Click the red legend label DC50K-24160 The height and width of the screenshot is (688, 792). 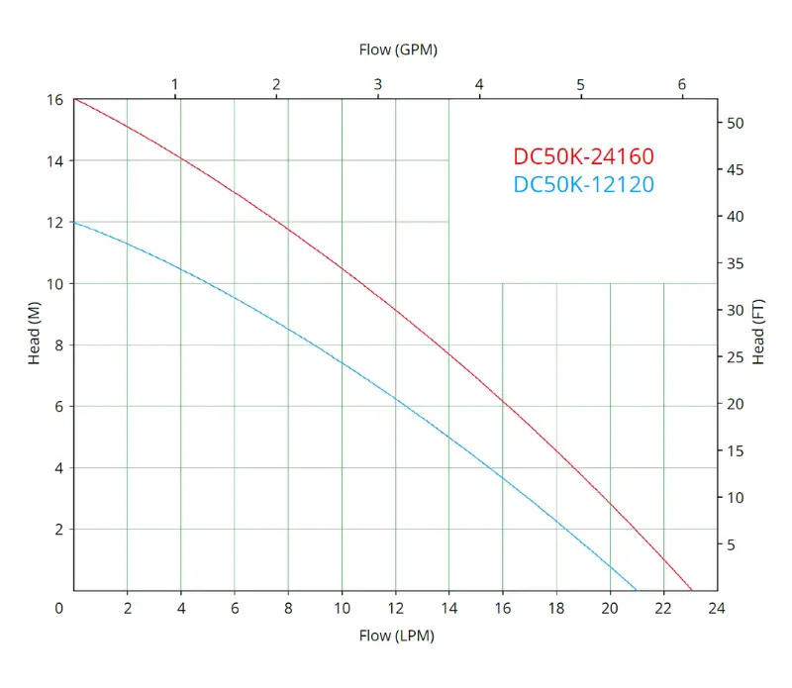(583, 156)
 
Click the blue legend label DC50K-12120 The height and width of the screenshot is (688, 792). (583, 184)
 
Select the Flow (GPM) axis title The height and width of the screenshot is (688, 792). (397, 49)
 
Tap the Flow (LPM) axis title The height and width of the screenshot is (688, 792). (396, 636)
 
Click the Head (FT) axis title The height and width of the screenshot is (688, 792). (758, 332)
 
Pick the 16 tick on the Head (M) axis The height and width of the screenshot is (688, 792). (54, 100)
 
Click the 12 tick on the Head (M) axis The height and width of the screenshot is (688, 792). (54, 223)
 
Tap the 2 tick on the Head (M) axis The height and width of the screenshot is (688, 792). (58, 530)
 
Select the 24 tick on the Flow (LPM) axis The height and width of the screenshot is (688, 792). (717, 608)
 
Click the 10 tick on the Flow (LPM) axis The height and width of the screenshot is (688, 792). (342, 608)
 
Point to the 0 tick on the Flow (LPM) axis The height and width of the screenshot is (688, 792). (59, 608)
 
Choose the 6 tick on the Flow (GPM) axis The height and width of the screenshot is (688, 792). (682, 84)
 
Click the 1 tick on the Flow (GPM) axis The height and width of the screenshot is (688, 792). (175, 84)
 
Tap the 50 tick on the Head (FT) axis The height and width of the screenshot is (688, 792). (736, 123)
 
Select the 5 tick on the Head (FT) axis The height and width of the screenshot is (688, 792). (733, 544)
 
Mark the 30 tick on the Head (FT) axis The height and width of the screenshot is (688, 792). (736, 310)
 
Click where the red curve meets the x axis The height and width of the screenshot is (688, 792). (692, 590)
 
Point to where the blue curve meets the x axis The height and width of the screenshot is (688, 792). (637, 590)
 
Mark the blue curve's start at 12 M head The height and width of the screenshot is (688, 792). (74, 222)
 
